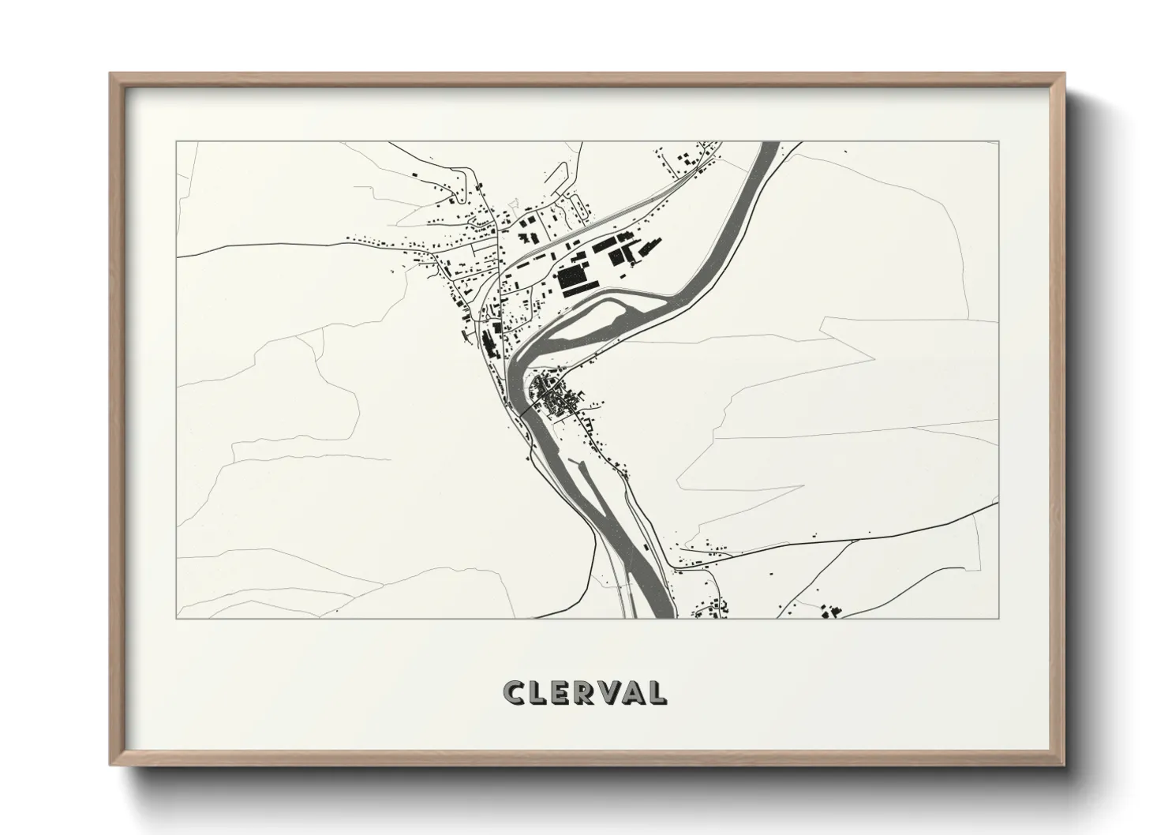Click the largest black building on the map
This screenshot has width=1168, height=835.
pyautogui.click(x=573, y=280)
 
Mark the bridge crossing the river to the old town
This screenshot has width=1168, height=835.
pyautogui.click(x=525, y=410)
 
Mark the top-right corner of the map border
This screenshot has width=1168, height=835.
pyautogui.click(x=998, y=142)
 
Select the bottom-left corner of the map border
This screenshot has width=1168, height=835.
pyautogui.click(x=176, y=618)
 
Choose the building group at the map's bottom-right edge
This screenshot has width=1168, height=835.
pyautogui.click(x=829, y=611)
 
